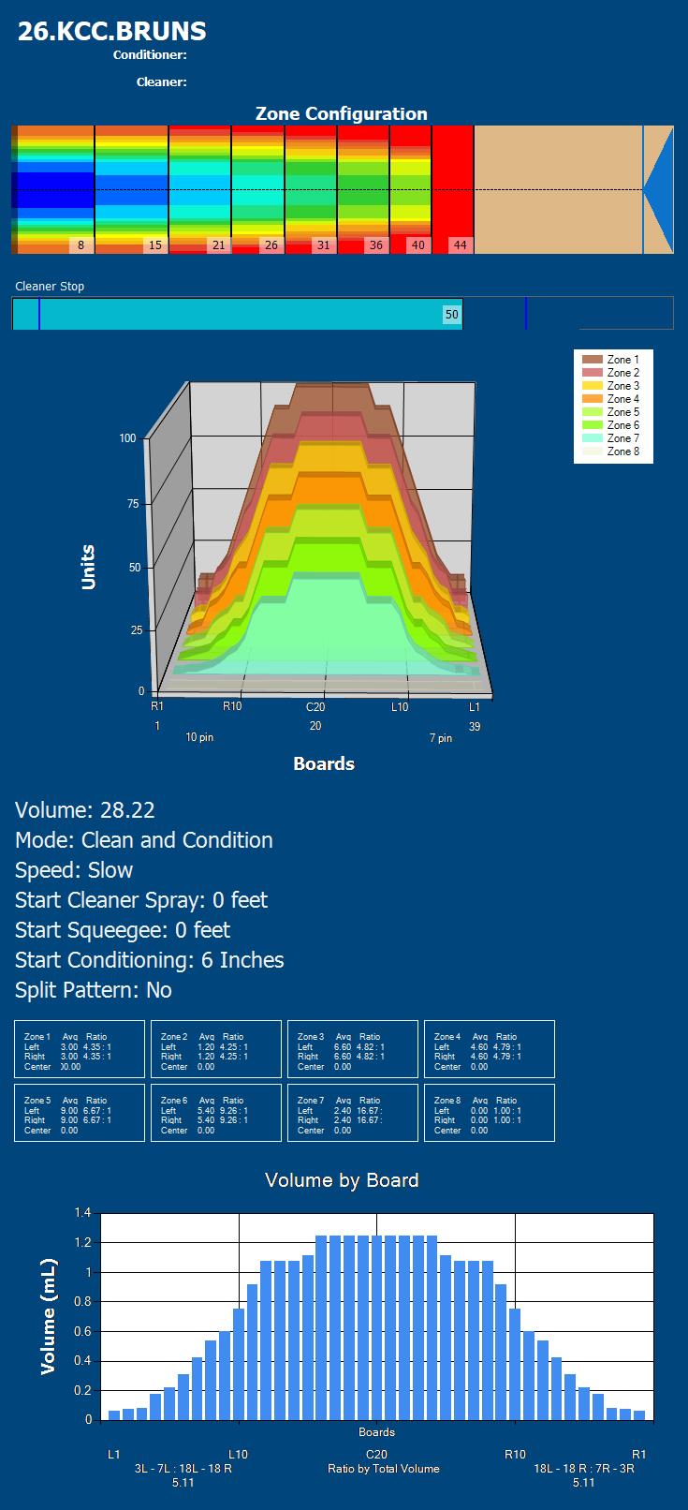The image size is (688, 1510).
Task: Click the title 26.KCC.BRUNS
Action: (112, 31)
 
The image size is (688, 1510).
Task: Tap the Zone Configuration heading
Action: (342, 113)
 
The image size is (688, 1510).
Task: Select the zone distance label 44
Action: (460, 245)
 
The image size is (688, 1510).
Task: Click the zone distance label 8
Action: (81, 245)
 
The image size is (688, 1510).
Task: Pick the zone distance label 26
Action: (271, 245)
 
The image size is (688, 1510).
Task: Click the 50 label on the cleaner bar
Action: (452, 315)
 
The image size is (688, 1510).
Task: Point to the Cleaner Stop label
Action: (50, 287)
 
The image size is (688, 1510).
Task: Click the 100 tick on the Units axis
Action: (127, 438)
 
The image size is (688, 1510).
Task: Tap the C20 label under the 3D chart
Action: (315, 707)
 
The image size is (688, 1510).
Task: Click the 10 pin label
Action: (199, 738)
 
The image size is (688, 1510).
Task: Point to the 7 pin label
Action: (441, 739)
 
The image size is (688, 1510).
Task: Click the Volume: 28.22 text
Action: (85, 810)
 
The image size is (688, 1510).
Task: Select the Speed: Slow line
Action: (74, 870)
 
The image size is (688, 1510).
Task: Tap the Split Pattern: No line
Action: (94, 990)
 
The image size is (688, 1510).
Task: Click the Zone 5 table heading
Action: (37, 1101)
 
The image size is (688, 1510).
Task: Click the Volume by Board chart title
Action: (342, 1180)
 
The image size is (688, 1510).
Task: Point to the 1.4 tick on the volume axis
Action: (82, 1213)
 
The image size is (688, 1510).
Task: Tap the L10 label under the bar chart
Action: (238, 1455)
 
